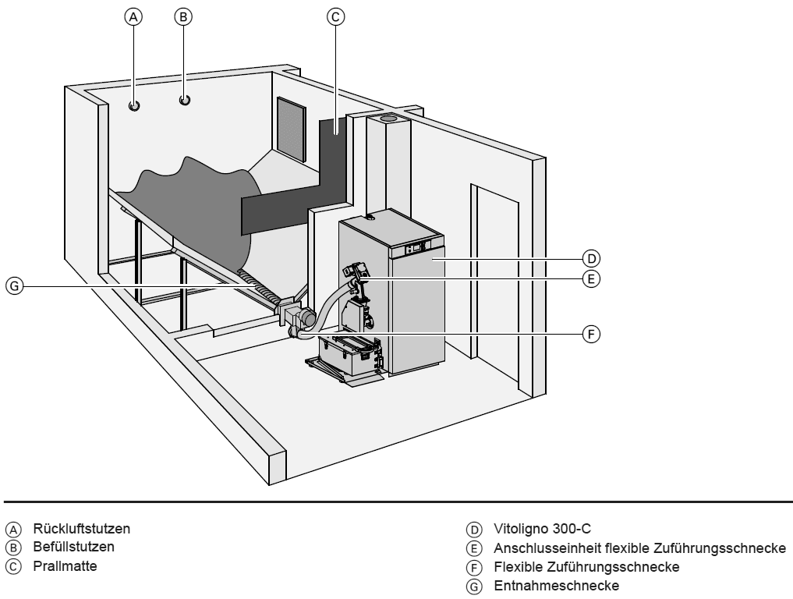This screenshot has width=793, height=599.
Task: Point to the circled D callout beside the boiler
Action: tap(593, 258)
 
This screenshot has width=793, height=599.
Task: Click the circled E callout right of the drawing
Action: tap(593, 278)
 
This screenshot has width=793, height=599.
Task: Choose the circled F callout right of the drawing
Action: tap(593, 334)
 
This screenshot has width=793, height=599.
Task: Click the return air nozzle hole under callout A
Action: tap(134, 105)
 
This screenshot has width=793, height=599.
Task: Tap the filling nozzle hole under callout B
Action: tap(185, 100)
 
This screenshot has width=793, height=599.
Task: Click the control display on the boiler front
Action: tap(416, 247)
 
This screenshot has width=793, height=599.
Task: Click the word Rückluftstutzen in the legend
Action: tap(81, 528)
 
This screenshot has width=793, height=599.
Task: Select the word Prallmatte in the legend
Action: tap(65, 565)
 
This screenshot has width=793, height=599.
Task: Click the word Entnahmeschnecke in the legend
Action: tap(556, 585)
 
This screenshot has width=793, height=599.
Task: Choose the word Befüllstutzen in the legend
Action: tap(73, 547)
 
